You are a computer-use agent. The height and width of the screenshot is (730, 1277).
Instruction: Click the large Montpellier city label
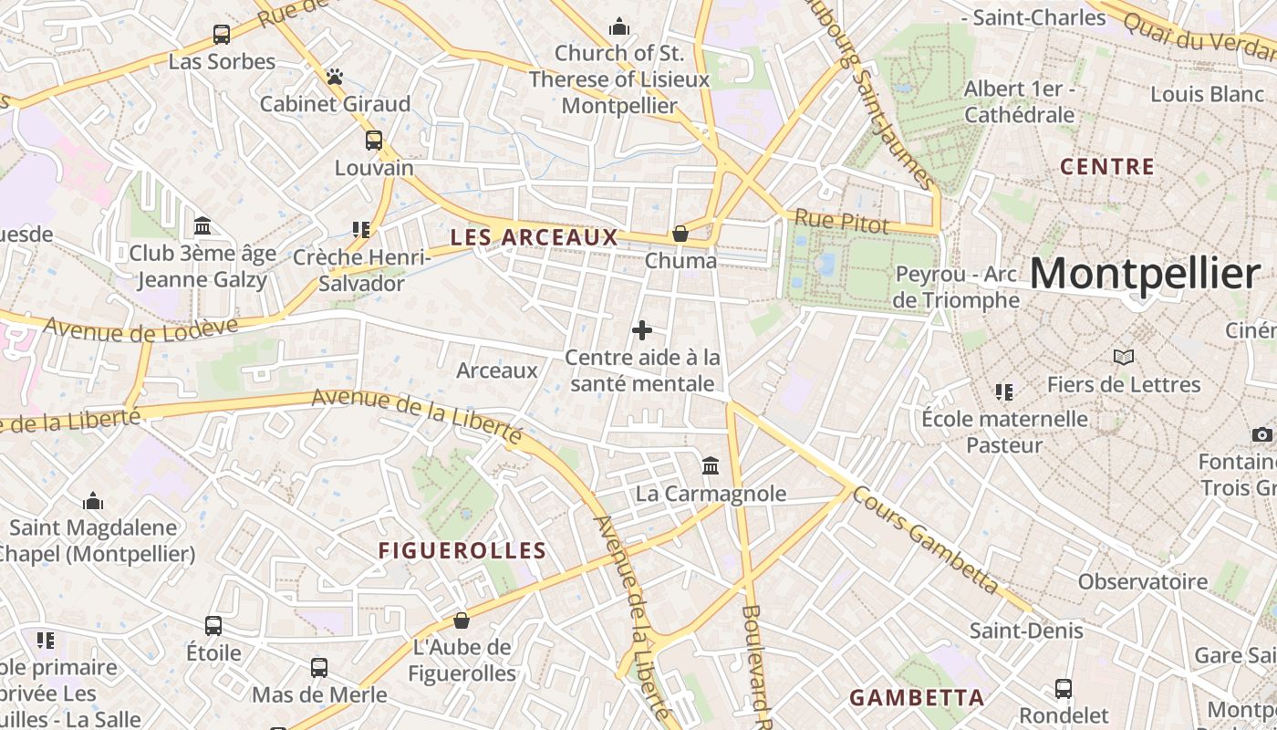pos(1145,273)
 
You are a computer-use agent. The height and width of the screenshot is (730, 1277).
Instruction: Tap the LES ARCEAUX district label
pos(534,238)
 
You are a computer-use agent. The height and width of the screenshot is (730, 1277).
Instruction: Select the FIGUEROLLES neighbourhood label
pos(462,551)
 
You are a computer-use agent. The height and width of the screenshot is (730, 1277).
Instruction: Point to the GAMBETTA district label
pos(917,698)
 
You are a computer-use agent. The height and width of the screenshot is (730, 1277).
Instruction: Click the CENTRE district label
pos(1107,167)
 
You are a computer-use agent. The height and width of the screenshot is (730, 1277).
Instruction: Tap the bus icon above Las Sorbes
pos(222,35)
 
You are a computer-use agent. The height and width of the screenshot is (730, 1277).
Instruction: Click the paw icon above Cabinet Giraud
pos(335,77)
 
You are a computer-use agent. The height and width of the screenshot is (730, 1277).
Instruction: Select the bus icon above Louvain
pos(373,141)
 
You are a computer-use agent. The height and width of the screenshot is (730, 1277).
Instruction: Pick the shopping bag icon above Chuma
pos(680,234)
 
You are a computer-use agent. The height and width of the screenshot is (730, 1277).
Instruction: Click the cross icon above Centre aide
pos(642,330)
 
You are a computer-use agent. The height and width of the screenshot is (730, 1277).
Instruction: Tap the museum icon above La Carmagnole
pos(711,466)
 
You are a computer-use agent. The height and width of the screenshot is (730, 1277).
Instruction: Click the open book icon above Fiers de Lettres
pos(1124,357)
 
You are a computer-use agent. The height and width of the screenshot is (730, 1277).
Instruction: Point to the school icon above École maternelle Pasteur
pos(1003,392)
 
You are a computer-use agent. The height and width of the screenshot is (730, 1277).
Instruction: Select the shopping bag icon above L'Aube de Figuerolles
pos(462,620)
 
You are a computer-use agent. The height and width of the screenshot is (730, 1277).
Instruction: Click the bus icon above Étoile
pos(213,626)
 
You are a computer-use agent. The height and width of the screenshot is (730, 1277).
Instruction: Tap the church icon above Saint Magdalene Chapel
pos(92,501)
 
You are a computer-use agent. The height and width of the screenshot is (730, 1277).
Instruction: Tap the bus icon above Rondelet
pos(1063,688)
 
